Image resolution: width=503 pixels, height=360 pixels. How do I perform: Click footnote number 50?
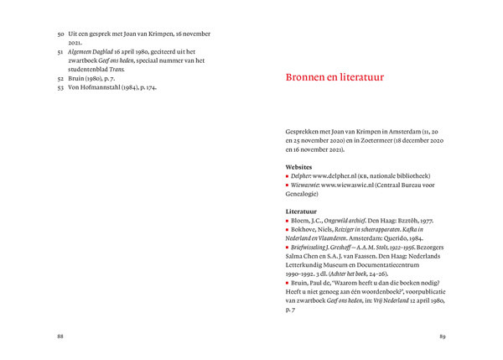point(60,34)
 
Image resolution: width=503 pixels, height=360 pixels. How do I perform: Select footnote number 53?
point(60,87)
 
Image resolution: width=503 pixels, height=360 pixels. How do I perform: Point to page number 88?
point(60,336)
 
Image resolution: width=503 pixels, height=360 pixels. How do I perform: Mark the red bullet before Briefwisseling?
point(288,247)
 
